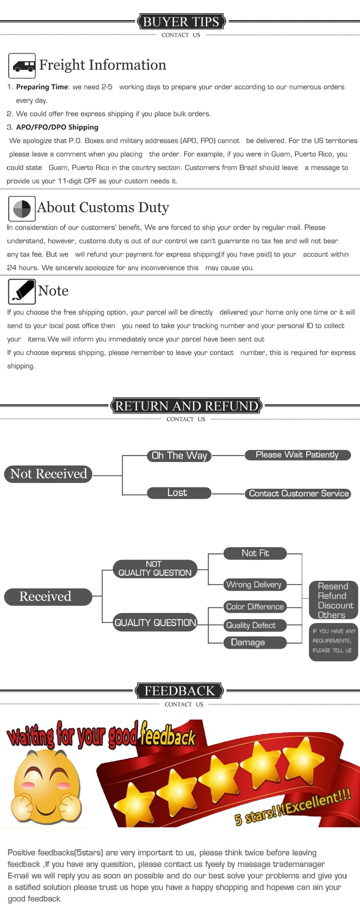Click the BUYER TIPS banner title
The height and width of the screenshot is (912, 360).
tap(181, 22)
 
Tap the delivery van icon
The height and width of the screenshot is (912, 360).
tap(22, 66)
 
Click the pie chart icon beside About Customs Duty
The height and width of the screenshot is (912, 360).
tap(22, 209)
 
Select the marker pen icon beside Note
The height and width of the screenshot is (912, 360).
tap(22, 292)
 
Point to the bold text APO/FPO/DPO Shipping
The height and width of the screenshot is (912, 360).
tap(57, 127)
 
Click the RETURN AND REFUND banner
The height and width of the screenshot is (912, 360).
tap(187, 406)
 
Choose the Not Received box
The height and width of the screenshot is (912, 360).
tap(48, 474)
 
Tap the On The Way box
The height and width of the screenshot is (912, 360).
tap(179, 456)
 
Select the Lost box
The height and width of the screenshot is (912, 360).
tap(179, 493)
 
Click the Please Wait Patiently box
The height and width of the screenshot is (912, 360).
tap(298, 455)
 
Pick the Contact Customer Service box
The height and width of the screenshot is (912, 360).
tap(298, 494)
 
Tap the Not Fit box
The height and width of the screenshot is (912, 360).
tap(255, 553)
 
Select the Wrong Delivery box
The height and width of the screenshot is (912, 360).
tap(255, 585)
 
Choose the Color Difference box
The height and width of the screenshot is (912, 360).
tap(255, 607)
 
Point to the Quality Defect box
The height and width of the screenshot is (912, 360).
tap(255, 625)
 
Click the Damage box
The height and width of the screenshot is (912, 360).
tap(255, 643)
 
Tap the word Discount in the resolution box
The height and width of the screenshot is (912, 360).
tap(336, 606)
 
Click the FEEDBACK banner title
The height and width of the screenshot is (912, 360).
tap(179, 691)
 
